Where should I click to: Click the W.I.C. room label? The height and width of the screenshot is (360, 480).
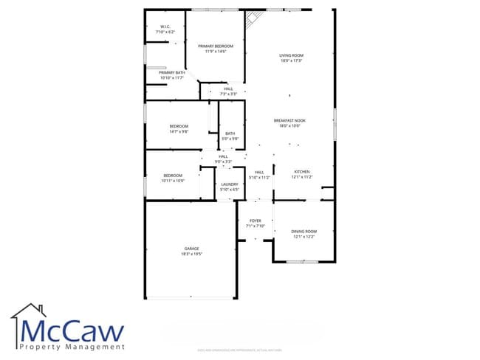click(165, 30)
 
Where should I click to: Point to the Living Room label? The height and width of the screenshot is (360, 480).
click(291, 58)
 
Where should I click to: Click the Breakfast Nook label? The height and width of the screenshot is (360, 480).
click(290, 123)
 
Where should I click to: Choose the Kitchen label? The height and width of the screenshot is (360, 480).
click(303, 174)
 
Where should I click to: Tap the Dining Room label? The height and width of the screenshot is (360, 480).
click(304, 234)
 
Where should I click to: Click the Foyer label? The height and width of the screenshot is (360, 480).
click(256, 224)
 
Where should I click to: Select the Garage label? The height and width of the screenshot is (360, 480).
click(191, 251)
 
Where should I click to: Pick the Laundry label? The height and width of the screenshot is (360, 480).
click(230, 187)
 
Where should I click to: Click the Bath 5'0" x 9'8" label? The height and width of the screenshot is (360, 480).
click(230, 136)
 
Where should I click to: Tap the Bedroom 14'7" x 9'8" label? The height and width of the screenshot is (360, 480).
click(179, 128)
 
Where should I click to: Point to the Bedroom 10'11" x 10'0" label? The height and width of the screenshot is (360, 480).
click(173, 177)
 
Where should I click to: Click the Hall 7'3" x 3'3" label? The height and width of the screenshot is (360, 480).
click(228, 91)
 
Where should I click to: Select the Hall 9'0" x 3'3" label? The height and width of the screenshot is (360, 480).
click(223, 159)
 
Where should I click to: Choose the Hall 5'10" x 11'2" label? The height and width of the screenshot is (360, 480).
click(259, 175)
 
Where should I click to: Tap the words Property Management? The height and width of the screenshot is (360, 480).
click(72, 347)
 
